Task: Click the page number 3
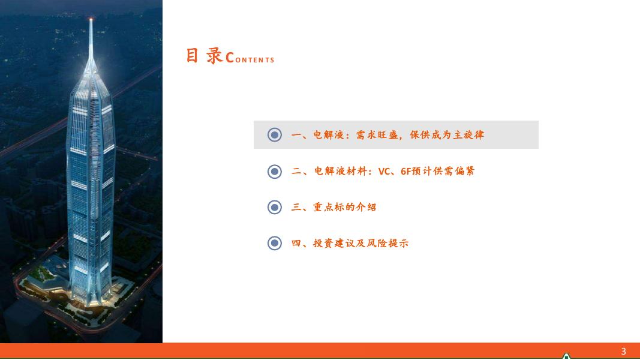point(623,351)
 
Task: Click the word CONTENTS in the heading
point(250,58)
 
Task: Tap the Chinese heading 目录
point(205,56)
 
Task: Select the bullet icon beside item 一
point(275,134)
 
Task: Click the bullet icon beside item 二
point(275,172)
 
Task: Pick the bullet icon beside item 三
point(275,208)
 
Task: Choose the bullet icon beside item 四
point(275,243)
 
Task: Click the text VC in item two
point(384,172)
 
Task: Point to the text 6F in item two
point(405,172)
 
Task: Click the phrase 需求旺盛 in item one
point(377,134)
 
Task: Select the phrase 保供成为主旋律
point(447,134)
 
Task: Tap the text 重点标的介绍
point(344,208)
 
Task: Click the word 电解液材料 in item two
point(340,172)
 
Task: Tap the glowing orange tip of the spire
point(91,19)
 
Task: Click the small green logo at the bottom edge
point(566,356)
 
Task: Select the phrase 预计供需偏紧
point(443,172)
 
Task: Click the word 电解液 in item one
point(329,134)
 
